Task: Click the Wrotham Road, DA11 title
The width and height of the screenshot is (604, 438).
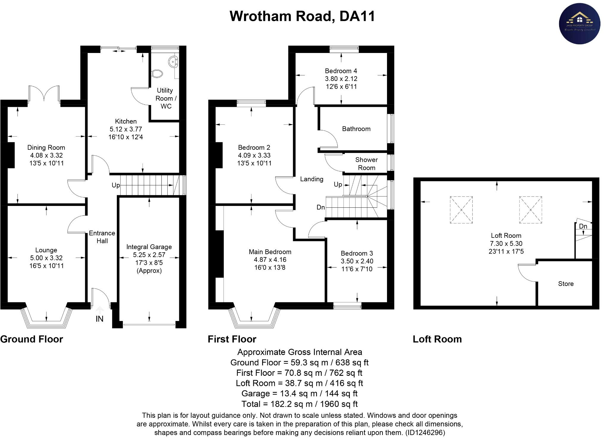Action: point(302,16)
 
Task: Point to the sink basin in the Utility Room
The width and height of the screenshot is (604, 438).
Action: point(173,62)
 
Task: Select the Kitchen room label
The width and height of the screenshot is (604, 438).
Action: point(126,121)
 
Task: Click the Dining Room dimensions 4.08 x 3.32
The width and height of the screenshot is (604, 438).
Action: point(46,155)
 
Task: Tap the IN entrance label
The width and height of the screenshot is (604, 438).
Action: point(99,319)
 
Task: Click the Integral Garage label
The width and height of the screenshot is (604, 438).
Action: point(149,247)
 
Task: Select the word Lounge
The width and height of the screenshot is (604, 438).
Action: point(46,250)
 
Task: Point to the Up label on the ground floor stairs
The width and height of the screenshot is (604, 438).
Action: point(115,185)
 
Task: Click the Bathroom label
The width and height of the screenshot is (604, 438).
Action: point(356,129)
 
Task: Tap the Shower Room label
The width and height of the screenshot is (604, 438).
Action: point(366,164)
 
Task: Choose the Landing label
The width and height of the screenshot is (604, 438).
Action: point(312,179)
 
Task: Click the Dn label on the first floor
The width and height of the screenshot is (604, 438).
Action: point(320,207)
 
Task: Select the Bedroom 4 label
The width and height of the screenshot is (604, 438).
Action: point(341,71)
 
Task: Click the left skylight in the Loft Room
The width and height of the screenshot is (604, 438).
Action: point(461,210)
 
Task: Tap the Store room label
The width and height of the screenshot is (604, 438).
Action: point(566,284)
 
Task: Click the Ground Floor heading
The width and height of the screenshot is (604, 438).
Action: point(32,339)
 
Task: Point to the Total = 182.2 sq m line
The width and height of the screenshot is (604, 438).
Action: point(299,404)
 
